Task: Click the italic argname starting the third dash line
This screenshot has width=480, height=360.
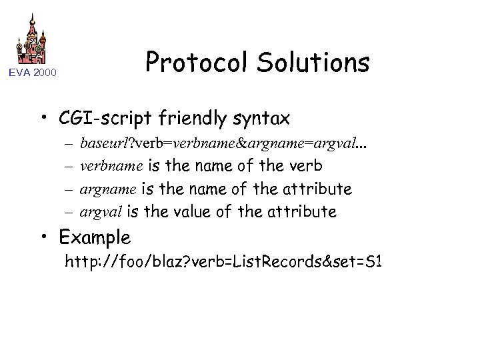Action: tap(102, 189)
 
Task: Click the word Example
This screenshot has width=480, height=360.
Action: tap(95, 237)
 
